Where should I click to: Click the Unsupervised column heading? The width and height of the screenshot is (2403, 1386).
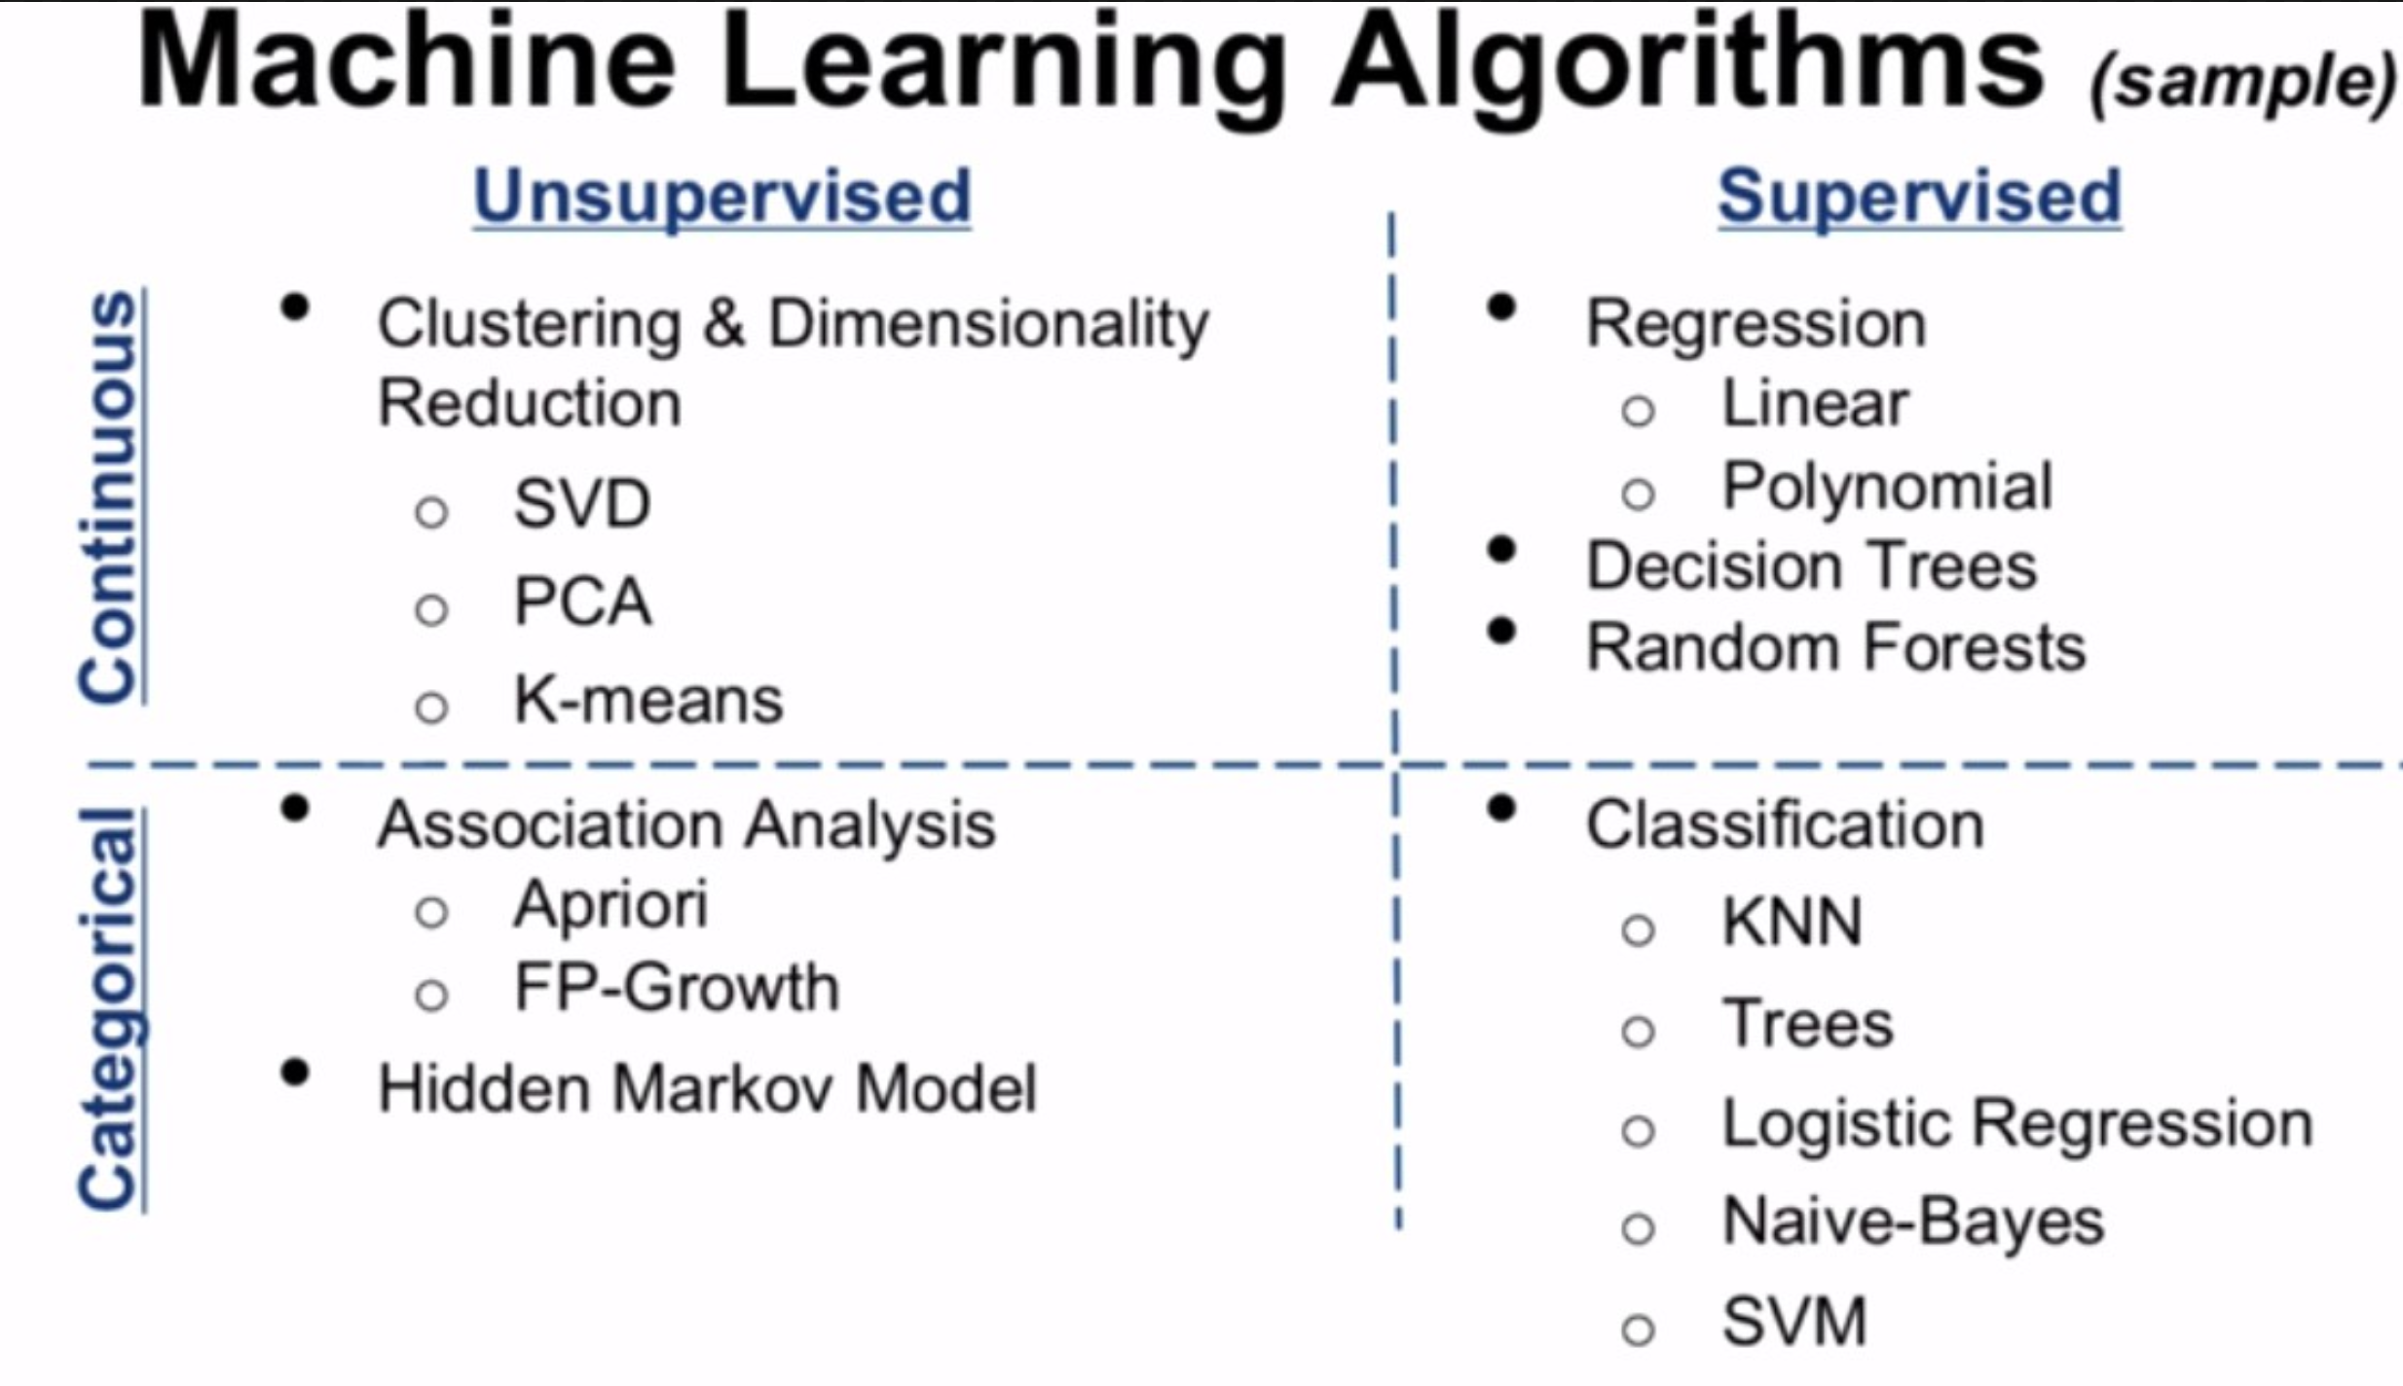(721, 197)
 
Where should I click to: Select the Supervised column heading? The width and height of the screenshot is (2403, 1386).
(1919, 197)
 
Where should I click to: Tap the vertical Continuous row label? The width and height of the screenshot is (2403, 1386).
(108, 496)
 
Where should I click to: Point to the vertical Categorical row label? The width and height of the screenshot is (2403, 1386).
(108, 1008)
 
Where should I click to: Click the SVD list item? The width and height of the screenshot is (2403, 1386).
(582, 504)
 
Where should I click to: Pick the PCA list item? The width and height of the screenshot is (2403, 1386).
(582, 602)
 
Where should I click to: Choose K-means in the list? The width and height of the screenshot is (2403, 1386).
(647, 701)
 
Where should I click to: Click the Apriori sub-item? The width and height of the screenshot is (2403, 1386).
(610, 906)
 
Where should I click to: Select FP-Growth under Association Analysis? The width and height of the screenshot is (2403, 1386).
(676, 989)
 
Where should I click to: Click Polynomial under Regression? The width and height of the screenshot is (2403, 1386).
(1887, 487)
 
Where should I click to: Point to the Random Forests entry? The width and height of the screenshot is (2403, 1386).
(1836, 648)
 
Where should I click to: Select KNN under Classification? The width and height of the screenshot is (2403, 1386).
(1792, 923)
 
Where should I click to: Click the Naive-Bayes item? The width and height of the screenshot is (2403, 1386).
(1913, 1222)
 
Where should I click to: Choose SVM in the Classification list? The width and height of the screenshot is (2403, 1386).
(1794, 1322)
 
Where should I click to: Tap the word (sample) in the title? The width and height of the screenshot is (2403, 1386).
(2242, 86)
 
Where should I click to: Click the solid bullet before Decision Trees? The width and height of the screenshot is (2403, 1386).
(1502, 551)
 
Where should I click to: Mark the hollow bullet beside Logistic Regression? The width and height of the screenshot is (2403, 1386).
(1638, 1131)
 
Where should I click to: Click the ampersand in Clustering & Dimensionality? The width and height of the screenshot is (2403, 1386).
(723, 323)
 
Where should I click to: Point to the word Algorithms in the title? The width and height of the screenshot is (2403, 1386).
(1689, 63)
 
